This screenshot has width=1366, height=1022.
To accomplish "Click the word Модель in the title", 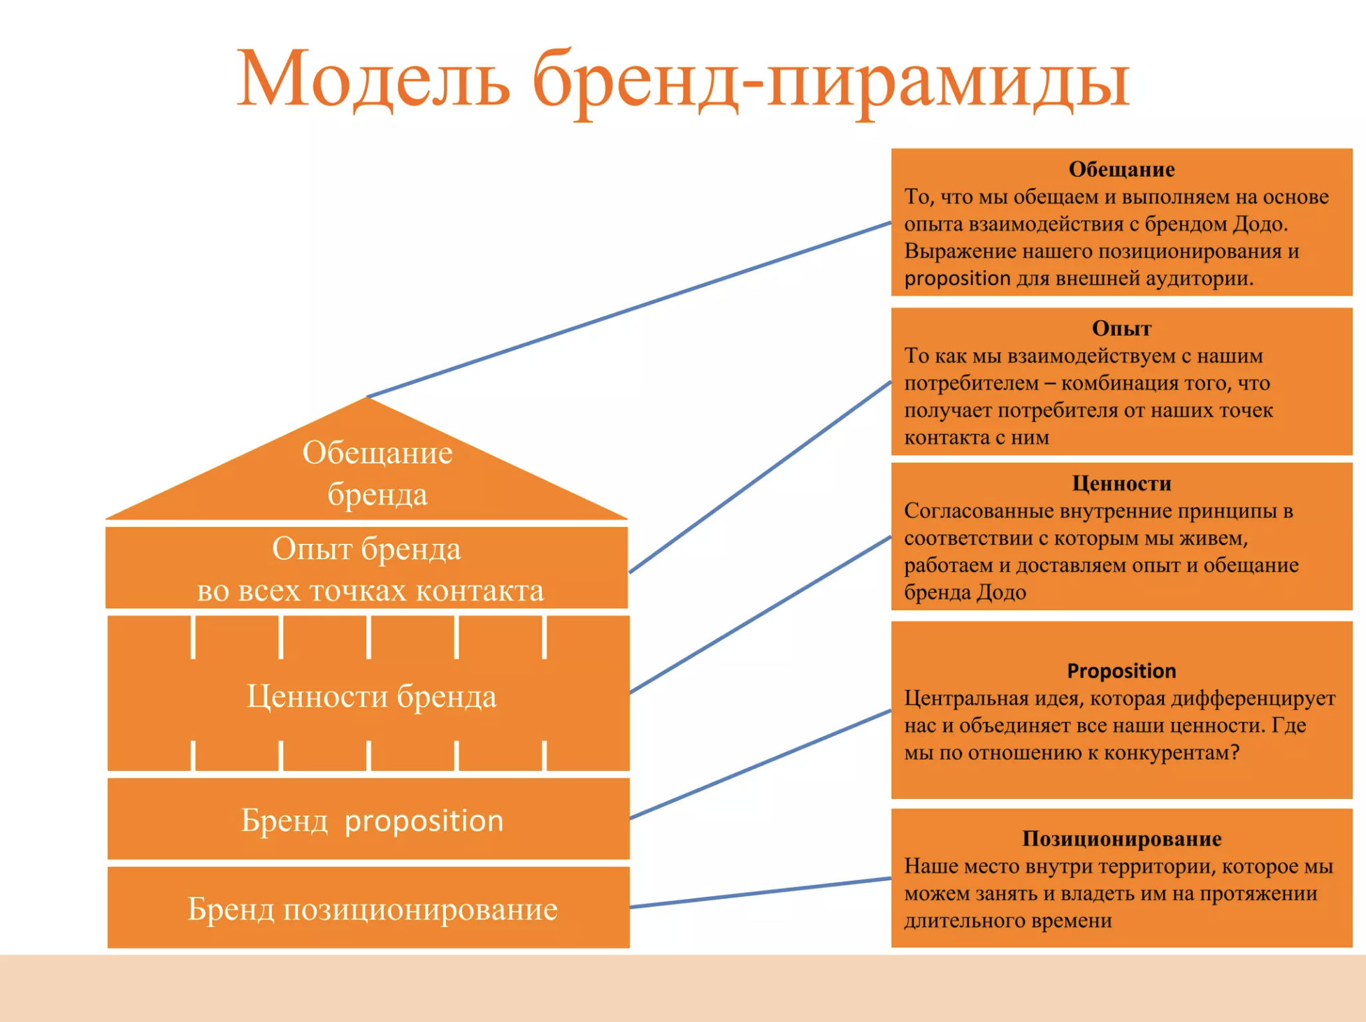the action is (x=373, y=78).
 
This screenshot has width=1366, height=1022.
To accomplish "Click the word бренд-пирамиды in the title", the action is (x=831, y=82).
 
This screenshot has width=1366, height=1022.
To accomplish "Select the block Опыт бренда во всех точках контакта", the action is (x=367, y=568).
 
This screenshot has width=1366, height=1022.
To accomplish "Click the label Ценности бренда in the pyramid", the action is (x=372, y=696).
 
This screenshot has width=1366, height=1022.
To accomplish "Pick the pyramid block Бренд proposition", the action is (x=368, y=819).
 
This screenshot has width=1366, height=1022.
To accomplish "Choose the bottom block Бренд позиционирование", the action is (x=368, y=907).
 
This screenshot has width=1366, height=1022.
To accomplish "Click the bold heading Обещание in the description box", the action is (x=1121, y=169).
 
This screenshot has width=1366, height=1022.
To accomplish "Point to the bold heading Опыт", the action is (x=1121, y=329).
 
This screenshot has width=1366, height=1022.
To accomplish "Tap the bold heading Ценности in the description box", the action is (x=1121, y=483).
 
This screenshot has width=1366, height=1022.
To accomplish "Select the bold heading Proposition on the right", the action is (x=1121, y=671).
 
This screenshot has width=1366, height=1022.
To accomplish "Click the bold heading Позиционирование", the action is (x=1121, y=838).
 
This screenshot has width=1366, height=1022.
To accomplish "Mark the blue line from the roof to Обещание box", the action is (x=629, y=310).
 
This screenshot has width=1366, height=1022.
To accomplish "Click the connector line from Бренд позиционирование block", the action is (x=761, y=893).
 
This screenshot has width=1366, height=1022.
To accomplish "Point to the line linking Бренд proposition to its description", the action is (x=761, y=764).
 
